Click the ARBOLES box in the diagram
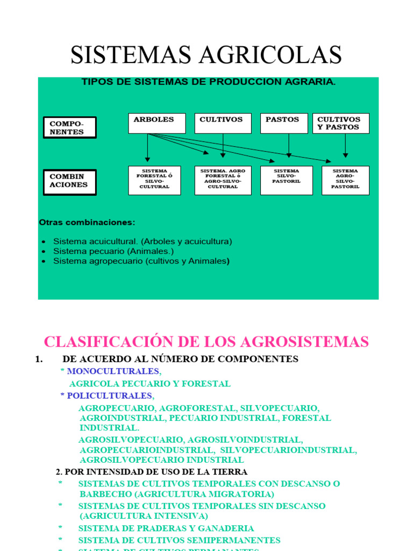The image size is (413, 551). click(156, 123)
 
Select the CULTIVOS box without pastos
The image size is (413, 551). click(223, 123)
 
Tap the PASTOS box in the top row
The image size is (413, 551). click(284, 123)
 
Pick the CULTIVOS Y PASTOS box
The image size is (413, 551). click(341, 123)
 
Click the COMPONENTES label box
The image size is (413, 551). click(69, 128)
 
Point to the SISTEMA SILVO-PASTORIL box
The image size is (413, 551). click(287, 180)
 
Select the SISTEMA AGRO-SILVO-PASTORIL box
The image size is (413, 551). click(345, 180)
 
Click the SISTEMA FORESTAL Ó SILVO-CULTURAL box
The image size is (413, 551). click(154, 180)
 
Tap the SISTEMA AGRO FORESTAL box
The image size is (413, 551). click(223, 180)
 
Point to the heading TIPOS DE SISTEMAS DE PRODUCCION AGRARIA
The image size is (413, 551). click(209, 82)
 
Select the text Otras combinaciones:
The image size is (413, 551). click(87, 222)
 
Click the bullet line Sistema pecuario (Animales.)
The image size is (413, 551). click(113, 251)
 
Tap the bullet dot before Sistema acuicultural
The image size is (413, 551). click(43, 242)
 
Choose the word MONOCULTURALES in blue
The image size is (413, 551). click(113, 371)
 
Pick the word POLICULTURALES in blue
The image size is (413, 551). click(110, 396)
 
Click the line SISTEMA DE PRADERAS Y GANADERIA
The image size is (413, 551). click(166, 528)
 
